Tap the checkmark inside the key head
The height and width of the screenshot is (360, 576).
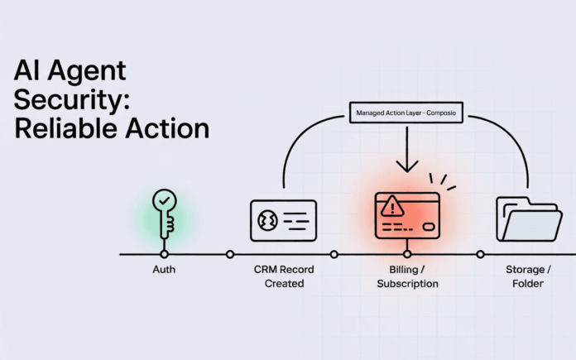[163, 202]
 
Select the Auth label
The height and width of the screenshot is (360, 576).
[164, 270]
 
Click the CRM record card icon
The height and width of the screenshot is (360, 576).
[283, 220]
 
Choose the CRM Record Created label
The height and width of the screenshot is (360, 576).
[284, 276]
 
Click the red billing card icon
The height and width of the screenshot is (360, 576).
[406, 215]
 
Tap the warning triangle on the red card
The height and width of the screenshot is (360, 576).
[389, 205]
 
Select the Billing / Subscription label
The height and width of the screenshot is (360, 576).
[407, 276]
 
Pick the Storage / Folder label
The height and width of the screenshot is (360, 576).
[527, 276]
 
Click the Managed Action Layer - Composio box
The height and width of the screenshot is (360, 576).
[407, 112]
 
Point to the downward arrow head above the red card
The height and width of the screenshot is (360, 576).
[407, 168]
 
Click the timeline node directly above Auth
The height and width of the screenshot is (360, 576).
[164, 254]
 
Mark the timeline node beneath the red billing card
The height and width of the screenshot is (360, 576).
[407, 254]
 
